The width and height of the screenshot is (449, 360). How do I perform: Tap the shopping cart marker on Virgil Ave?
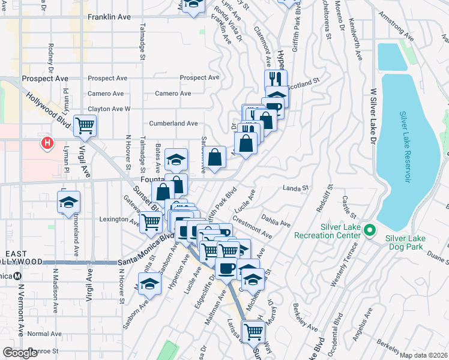85,125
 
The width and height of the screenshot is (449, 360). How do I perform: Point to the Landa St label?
295,188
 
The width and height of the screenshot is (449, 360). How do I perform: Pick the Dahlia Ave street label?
276,219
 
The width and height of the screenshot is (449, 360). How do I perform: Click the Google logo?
20,353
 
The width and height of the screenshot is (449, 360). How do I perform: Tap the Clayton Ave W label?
109,109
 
